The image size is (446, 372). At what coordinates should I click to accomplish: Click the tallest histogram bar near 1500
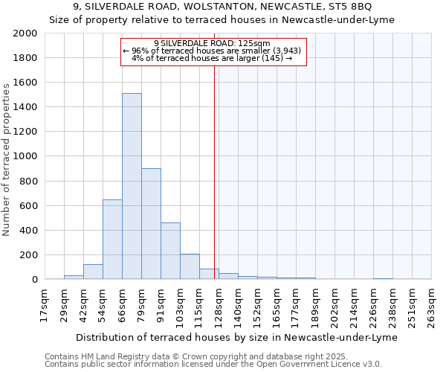point(132,186)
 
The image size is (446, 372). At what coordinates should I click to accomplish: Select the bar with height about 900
point(151,223)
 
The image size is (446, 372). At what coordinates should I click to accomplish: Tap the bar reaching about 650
point(112,239)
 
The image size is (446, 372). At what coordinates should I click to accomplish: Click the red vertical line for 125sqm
point(214,171)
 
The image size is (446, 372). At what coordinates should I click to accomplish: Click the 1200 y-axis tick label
point(25,132)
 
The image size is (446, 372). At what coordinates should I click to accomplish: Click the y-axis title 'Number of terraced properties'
point(7,159)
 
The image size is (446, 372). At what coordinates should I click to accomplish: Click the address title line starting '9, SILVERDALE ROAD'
point(222,7)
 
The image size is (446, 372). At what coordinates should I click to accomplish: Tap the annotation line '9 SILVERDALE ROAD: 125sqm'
point(213,43)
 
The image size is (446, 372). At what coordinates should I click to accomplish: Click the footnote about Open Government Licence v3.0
point(213,365)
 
